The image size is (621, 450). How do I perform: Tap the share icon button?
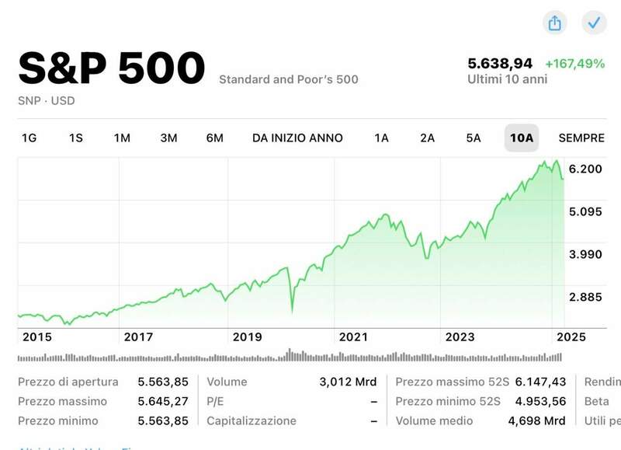point(555,23)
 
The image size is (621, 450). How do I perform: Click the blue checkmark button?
point(594,23)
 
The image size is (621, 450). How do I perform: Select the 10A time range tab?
point(521,138)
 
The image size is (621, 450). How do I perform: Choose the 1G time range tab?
point(29,138)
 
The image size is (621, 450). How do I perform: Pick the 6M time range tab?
point(215,138)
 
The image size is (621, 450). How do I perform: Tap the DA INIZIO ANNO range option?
point(297,138)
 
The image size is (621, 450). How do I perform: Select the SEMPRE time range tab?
point(581,138)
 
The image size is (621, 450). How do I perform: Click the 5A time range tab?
point(474,138)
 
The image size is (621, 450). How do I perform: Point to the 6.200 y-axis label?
point(586,169)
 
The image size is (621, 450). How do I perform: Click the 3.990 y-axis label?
point(586,254)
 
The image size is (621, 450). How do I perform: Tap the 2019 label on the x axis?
point(248,337)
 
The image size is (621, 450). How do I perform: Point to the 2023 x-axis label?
point(460,337)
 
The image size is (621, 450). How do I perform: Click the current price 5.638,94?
point(500,64)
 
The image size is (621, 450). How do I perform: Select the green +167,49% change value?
point(574,64)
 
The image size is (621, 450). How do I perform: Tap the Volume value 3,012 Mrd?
point(348,382)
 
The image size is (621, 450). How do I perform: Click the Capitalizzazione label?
point(252,420)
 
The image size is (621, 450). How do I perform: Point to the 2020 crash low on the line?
point(292,311)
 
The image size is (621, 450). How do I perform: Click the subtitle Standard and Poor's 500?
point(289,79)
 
